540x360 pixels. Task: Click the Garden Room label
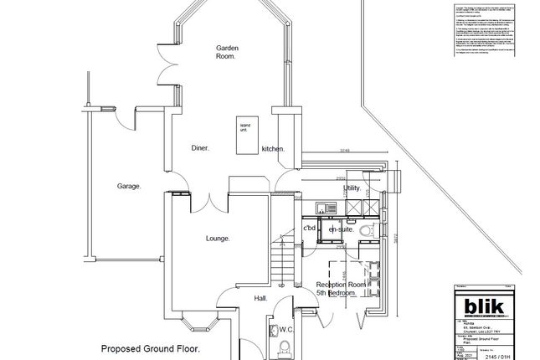click(226, 52)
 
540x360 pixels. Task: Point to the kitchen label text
click(273, 148)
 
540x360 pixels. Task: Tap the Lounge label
click(218, 239)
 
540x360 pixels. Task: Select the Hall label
click(261, 297)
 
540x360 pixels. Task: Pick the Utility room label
click(352, 189)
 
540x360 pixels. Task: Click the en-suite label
click(341, 228)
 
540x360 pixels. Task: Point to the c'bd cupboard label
click(309, 228)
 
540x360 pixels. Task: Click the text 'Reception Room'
click(342, 285)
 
